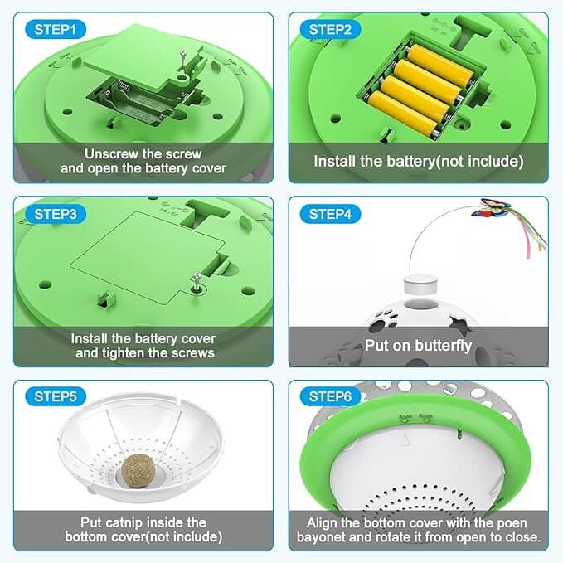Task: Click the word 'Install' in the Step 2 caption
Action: point(335,162)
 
